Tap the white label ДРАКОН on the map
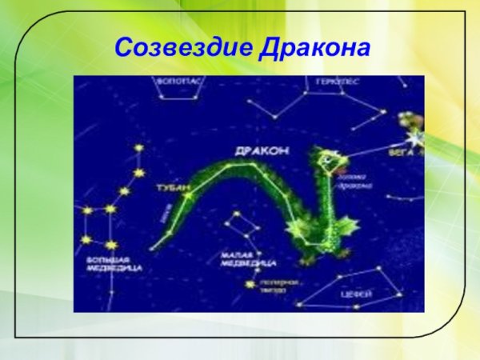(262, 150)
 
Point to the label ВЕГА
(400, 150)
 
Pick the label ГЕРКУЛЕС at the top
(337, 82)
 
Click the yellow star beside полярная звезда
(250, 284)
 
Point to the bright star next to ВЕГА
(415, 138)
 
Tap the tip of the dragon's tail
(152, 246)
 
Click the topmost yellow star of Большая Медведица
(138, 148)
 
